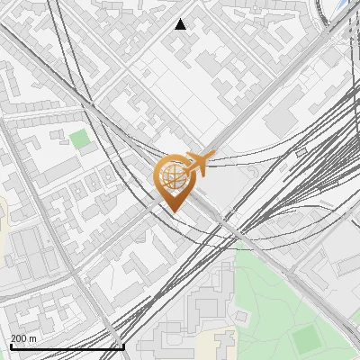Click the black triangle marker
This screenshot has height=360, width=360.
coord(181,24)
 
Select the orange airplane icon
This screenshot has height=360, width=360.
coord(200,163)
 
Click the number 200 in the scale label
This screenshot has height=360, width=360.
coord(19,338)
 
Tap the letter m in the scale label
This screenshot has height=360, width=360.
coord(33,338)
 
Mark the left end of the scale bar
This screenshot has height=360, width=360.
coord(11,347)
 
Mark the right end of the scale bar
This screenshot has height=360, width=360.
coord(123,347)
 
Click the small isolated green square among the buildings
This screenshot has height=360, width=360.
coord(80,139)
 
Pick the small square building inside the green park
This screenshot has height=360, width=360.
coord(241,317)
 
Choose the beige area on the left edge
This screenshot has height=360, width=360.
coord(3,216)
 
